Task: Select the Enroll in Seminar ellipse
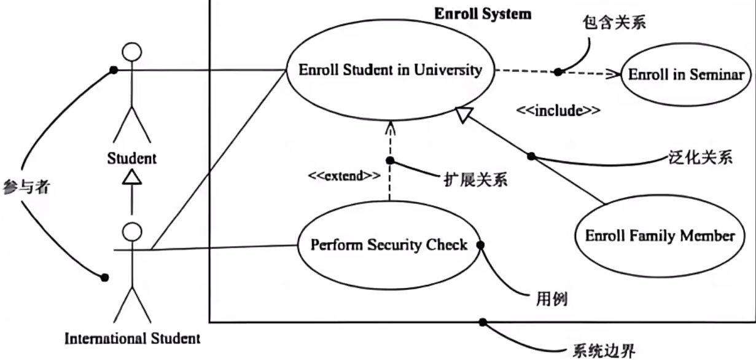click(686, 75)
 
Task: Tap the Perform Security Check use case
click(389, 245)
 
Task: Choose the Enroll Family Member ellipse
click(660, 235)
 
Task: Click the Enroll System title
click(483, 14)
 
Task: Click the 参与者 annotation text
click(26, 189)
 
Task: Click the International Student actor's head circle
click(132, 231)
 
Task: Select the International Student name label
click(132, 338)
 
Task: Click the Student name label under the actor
click(132, 158)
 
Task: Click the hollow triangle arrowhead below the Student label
click(132, 178)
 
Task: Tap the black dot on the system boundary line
click(483, 323)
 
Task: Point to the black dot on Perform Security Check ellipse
click(481, 245)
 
